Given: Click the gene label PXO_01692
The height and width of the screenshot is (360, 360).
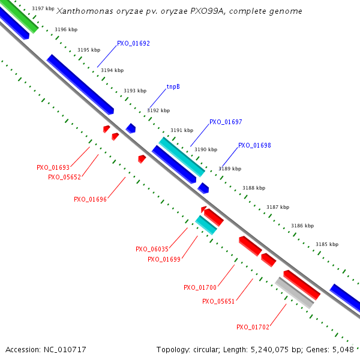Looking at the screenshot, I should coord(133,43).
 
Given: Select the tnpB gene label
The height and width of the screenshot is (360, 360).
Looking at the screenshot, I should coord(173,86).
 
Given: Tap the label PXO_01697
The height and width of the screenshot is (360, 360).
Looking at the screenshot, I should coord(226,122).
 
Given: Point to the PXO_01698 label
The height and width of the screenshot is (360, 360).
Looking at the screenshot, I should coord(254,145).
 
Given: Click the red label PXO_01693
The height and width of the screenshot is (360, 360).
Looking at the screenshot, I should coord(53,168).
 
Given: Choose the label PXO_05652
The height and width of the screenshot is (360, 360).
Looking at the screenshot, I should coord(64,177).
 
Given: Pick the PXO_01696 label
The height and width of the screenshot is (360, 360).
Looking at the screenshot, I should coord(90,199).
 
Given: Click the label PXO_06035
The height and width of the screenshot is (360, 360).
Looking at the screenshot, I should coord(152,249).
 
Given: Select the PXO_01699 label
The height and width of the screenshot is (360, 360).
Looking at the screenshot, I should coord(164,259).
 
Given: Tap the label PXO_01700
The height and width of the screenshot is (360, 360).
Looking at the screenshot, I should coord(200,287).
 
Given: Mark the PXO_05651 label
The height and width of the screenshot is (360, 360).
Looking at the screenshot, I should coord(218,301).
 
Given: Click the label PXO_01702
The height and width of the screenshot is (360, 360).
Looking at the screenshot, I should coord(253,327).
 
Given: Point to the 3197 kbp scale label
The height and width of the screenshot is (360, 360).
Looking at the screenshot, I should coord(42,8).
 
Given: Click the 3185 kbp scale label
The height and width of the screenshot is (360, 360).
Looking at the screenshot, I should coord(327,244).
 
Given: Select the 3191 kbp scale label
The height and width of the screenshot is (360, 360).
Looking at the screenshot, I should coord(182,130).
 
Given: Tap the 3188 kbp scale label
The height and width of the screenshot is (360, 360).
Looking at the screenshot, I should coord(254,188).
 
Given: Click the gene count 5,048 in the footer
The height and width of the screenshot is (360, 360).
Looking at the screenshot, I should coord(344,349).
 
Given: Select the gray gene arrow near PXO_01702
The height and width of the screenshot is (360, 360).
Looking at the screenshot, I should coord(294,293).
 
